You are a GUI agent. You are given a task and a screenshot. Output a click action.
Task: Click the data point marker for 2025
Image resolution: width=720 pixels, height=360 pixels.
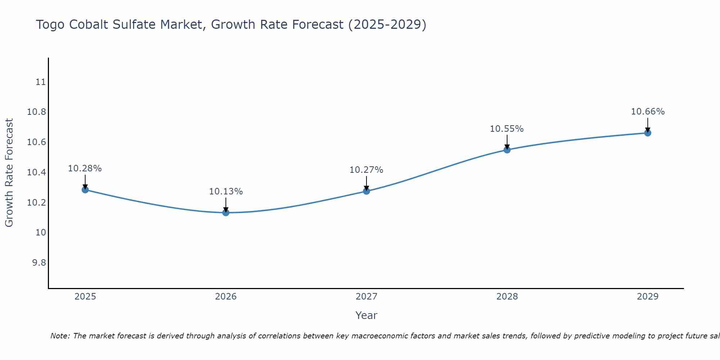click(x=85, y=190)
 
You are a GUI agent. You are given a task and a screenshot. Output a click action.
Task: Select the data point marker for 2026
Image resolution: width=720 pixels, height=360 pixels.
click(x=226, y=212)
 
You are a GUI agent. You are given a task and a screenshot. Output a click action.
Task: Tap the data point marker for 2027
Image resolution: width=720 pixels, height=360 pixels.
click(x=366, y=191)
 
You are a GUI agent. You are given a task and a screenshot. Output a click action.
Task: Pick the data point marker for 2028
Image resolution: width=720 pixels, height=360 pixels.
click(x=507, y=150)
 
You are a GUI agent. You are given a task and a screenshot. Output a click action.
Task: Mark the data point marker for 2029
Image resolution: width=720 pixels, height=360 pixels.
click(x=648, y=133)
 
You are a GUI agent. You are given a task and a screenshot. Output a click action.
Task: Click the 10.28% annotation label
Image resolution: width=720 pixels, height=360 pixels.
click(x=85, y=168)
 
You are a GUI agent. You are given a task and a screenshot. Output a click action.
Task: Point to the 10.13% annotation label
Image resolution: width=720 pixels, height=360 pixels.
click(x=226, y=192)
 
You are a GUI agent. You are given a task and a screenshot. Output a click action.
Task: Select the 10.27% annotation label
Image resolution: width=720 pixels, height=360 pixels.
click(x=366, y=170)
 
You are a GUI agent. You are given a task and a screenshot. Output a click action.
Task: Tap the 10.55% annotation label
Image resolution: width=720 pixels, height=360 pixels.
click(x=507, y=129)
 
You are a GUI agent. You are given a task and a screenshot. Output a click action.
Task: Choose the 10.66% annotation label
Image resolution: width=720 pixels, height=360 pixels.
click(x=648, y=112)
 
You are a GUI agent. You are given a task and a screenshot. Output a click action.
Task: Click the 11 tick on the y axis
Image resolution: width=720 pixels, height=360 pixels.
click(x=41, y=82)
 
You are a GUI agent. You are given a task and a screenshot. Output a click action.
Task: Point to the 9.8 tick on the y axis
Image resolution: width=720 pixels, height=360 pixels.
click(x=39, y=263)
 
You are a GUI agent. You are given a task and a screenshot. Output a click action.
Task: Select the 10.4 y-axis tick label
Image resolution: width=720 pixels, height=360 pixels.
click(x=37, y=172)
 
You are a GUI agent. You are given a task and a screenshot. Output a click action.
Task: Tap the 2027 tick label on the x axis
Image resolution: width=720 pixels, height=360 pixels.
click(x=366, y=297)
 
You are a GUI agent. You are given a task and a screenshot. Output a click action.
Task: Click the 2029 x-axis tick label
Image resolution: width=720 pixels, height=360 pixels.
click(x=648, y=297)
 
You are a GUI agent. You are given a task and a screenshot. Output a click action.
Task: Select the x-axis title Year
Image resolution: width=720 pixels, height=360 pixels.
click(x=366, y=315)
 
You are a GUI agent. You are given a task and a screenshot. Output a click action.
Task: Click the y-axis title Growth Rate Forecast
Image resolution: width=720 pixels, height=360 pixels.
click(x=9, y=173)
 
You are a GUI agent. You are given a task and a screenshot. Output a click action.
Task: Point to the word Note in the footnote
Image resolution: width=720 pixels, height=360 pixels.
click(x=60, y=336)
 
